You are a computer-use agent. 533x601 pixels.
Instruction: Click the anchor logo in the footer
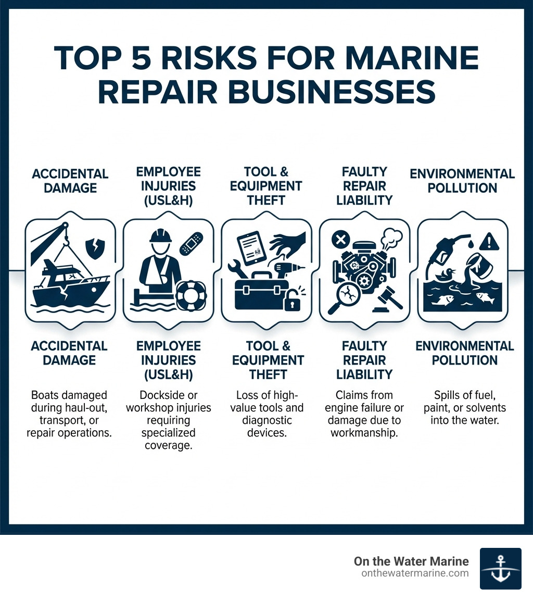(x=500, y=568)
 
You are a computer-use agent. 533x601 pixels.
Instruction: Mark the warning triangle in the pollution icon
(x=489, y=241)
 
